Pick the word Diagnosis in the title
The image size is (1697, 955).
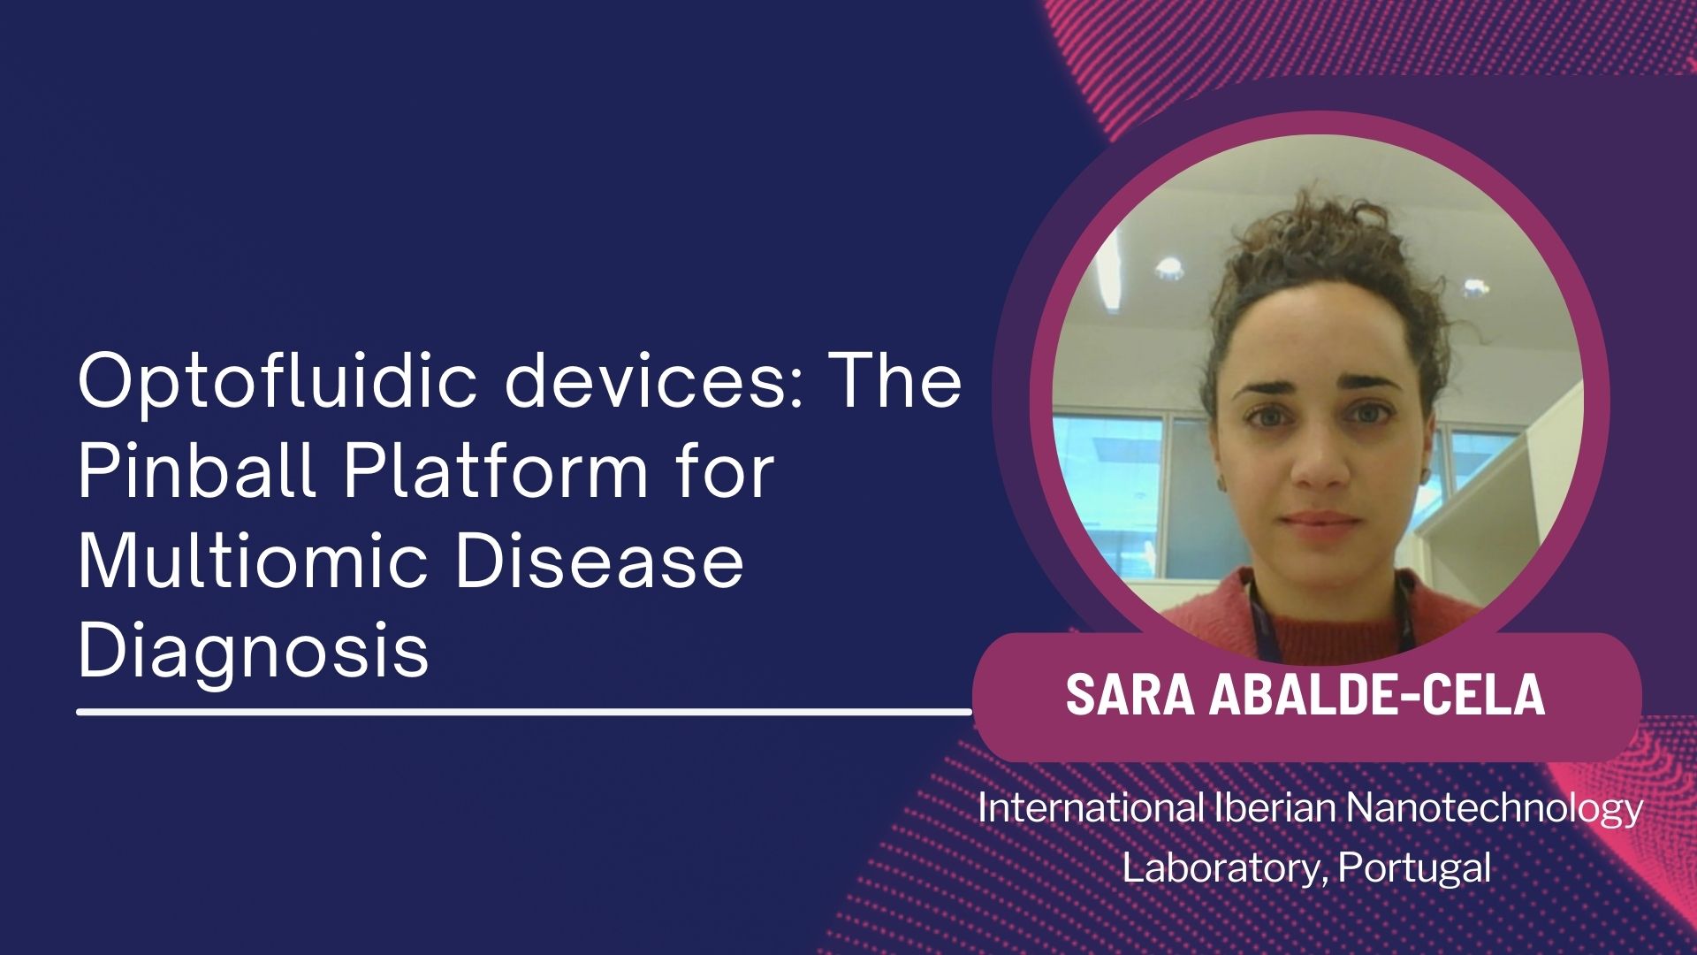point(254,653)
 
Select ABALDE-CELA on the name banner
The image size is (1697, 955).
point(1377,694)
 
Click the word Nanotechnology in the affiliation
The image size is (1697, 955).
point(1496,809)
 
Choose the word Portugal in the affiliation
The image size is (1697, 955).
point(1414,868)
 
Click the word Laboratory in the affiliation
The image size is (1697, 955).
point(1224,868)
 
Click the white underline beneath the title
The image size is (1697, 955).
point(525,710)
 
